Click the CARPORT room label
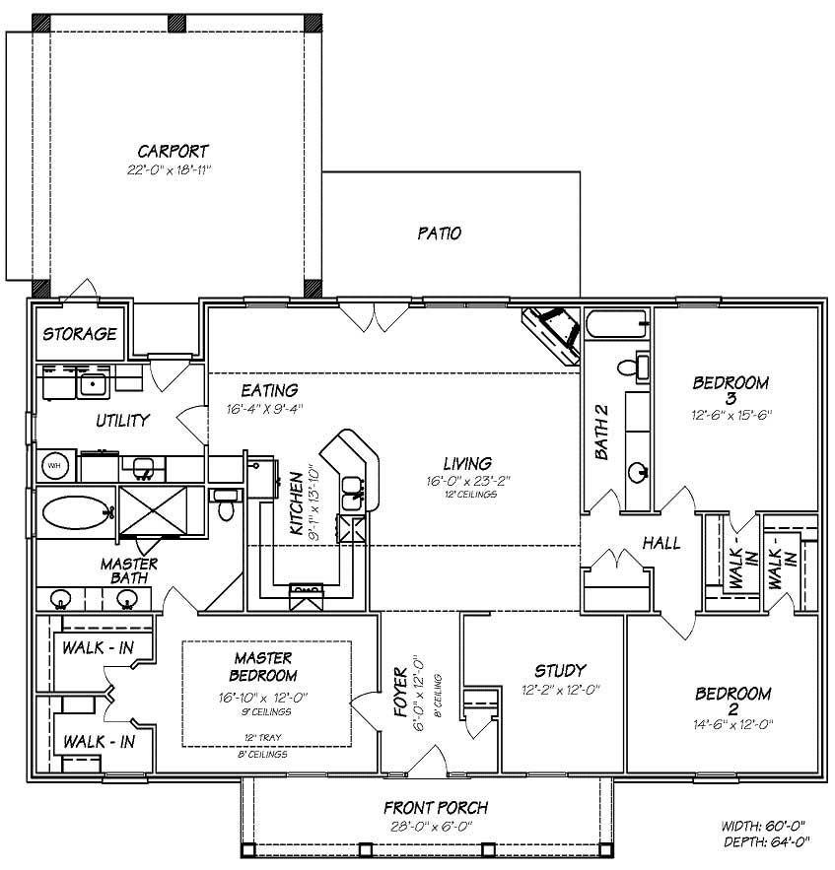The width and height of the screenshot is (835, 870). click(x=173, y=151)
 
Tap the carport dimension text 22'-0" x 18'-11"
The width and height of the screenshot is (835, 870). click(x=174, y=169)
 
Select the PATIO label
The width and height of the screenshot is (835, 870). click(x=439, y=234)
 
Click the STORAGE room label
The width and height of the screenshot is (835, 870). click(x=79, y=334)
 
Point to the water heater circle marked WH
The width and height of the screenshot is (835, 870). click(x=54, y=465)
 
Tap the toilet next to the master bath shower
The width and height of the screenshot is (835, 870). click(x=227, y=505)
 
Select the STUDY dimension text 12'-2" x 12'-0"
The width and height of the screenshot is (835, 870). click(x=561, y=690)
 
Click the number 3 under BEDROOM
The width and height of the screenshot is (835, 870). click(x=731, y=398)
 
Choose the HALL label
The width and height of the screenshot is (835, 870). click(x=661, y=543)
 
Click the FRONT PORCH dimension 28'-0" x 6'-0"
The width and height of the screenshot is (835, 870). click(x=436, y=826)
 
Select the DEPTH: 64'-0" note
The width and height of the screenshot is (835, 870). click(x=769, y=841)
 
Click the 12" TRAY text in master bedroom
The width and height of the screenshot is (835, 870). click(x=262, y=736)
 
